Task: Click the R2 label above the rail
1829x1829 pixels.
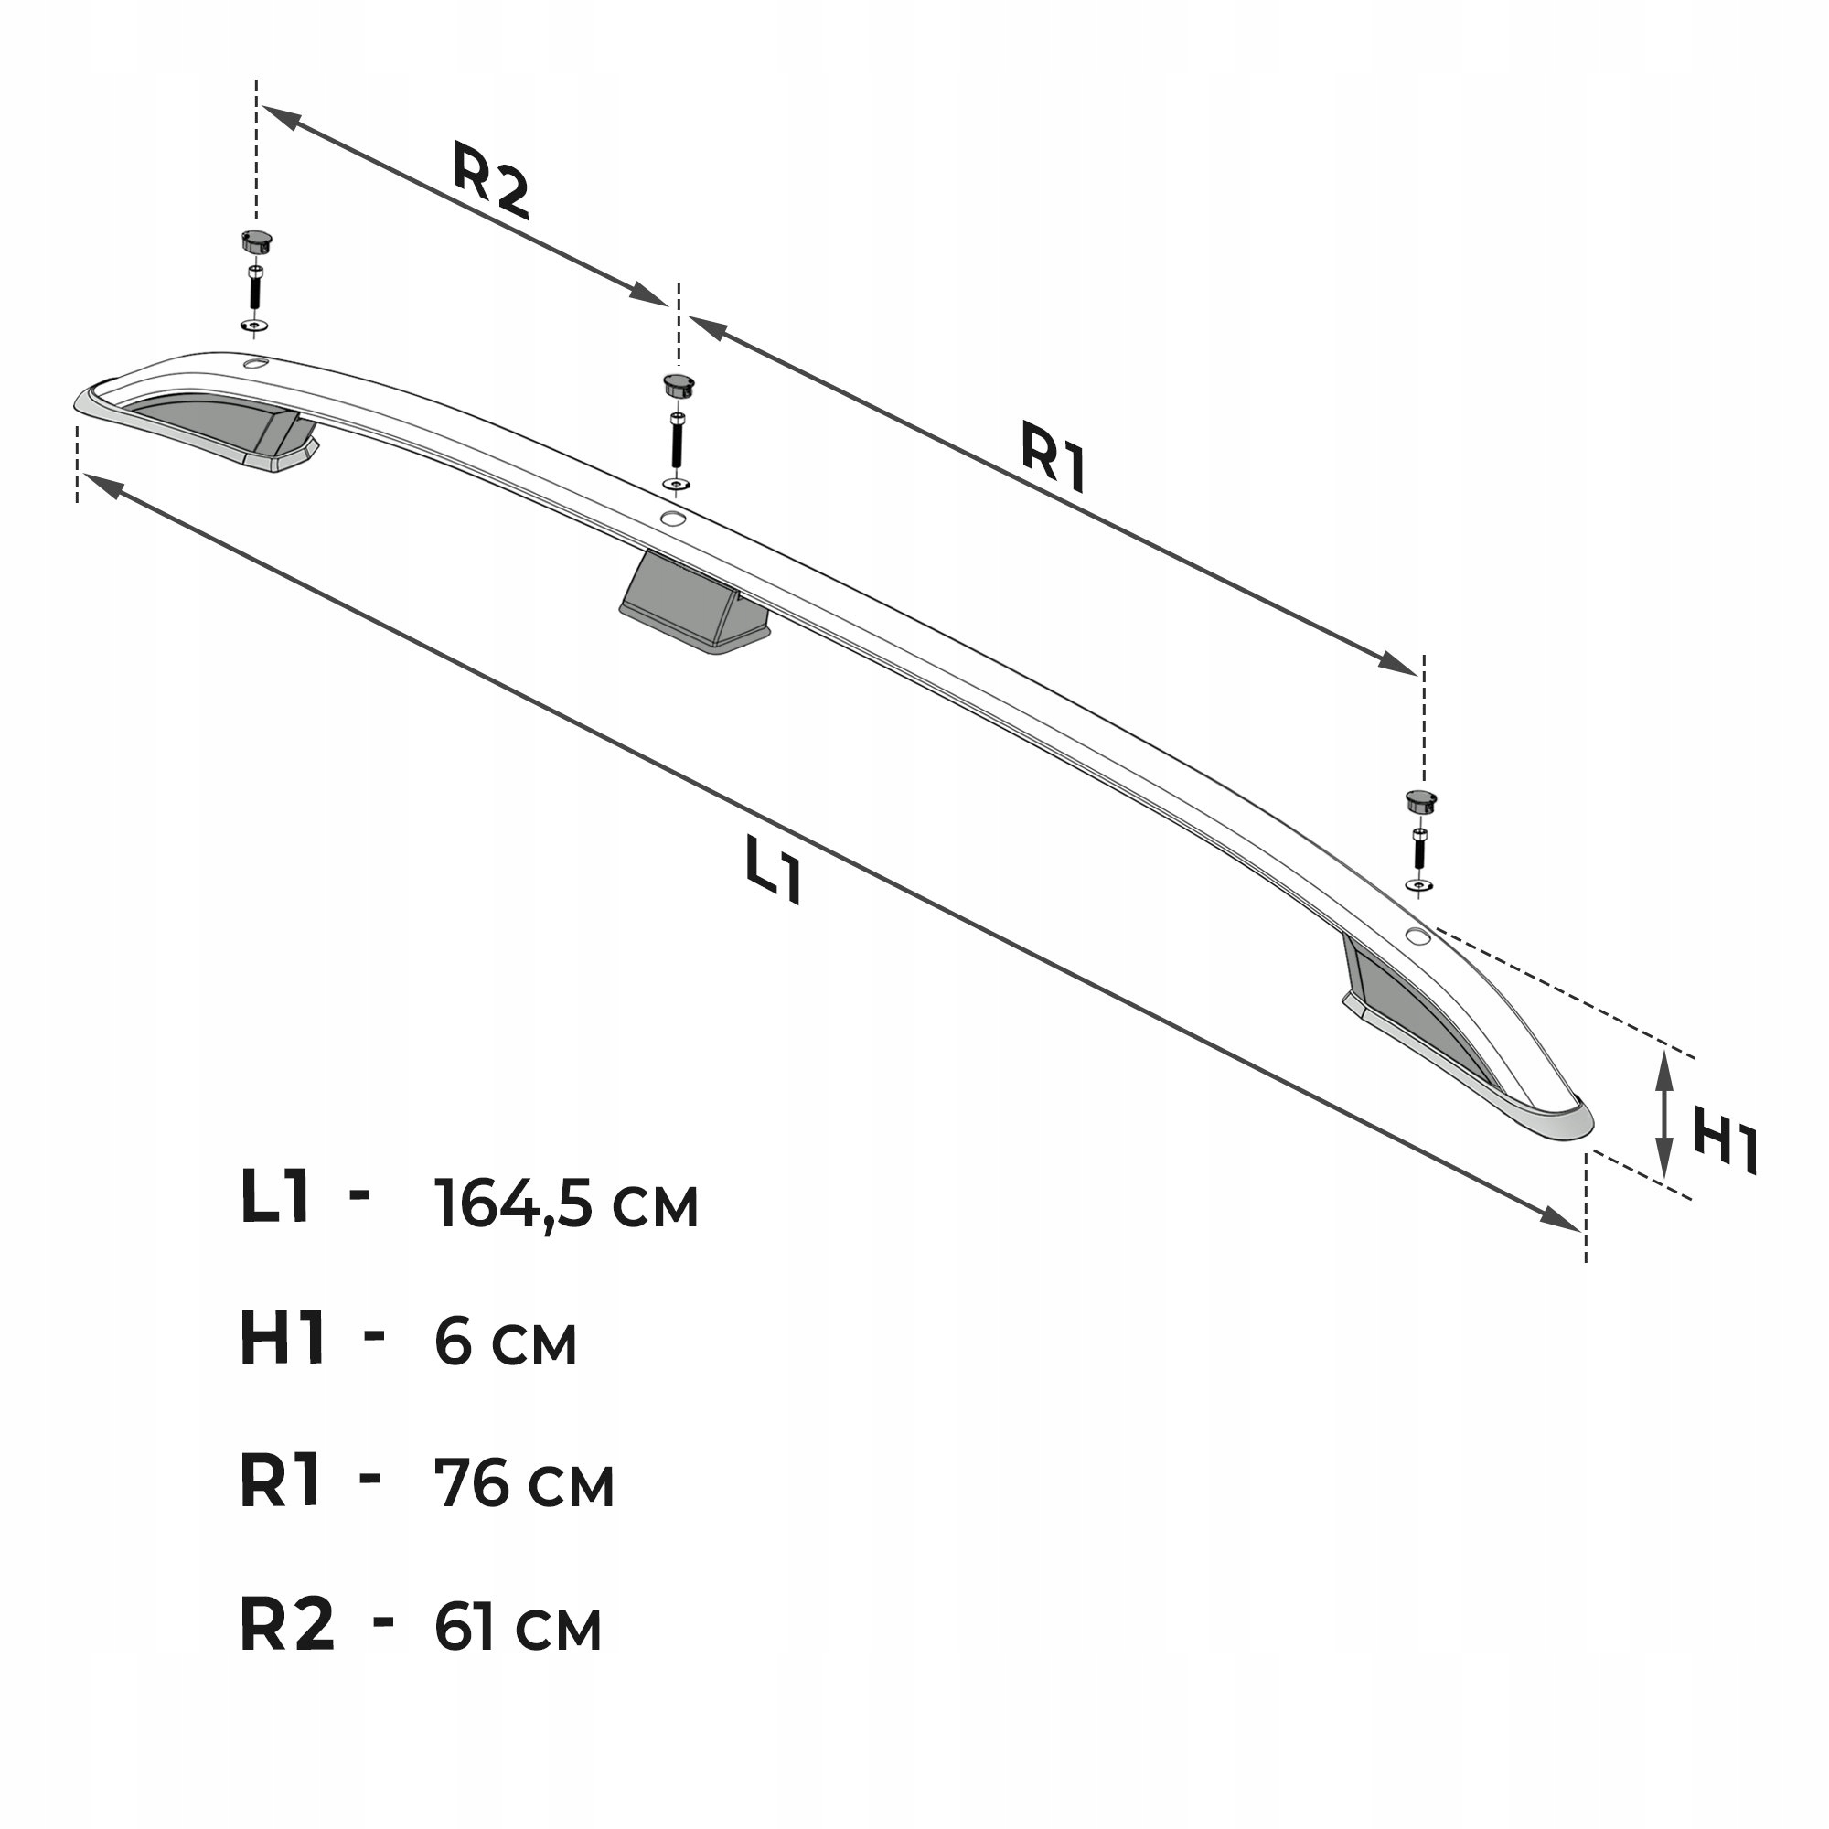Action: (490, 180)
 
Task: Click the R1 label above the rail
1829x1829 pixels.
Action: (1054, 457)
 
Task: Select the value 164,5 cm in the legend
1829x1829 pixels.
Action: (566, 1204)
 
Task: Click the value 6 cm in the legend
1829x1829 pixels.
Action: (506, 1342)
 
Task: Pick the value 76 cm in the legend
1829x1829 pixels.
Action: (523, 1483)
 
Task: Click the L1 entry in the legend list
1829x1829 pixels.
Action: (275, 1196)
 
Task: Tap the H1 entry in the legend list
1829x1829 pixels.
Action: (282, 1339)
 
